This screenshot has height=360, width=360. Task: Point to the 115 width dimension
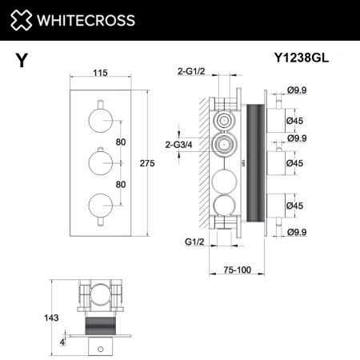(100, 73)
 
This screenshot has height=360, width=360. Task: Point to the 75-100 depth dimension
(238, 270)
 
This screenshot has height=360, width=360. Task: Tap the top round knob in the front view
(100, 121)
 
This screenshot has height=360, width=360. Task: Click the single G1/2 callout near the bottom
(185, 240)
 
